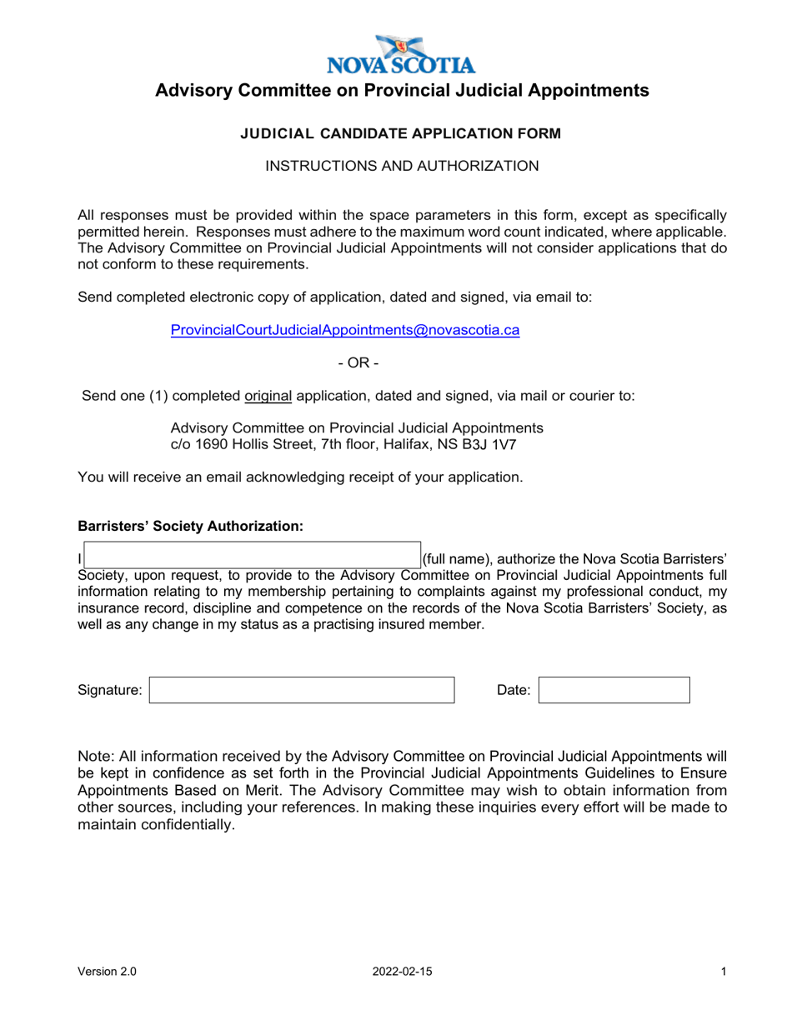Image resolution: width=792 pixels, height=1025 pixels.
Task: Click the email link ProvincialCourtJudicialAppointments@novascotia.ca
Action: click(344, 330)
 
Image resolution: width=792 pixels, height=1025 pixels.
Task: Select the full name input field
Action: click(252, 556)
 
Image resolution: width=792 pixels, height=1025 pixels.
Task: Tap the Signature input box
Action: click(302, 690)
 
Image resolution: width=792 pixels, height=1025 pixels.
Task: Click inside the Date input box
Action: click(614, 690)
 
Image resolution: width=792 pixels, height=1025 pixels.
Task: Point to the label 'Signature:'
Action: click(110, 690)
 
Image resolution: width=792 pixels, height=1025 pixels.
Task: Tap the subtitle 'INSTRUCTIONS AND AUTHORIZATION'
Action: click(402, 167)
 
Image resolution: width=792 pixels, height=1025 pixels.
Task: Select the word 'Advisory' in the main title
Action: click(196, 91)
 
